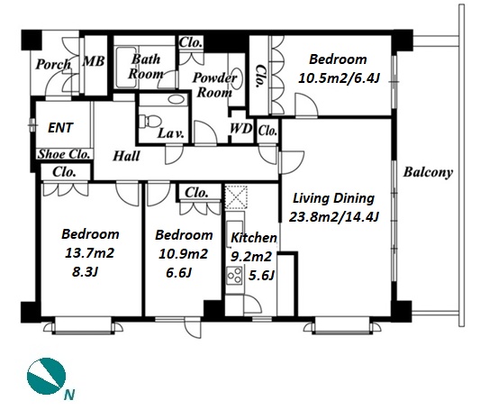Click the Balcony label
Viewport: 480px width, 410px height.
click(x=428, y=172)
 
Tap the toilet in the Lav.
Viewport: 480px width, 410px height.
click(x=149, y=122)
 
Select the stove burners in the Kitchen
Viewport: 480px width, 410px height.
click(x=234, y=275)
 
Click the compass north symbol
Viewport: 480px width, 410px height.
click(x=46, y=376)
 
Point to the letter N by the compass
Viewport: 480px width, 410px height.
click(x=69, y=395)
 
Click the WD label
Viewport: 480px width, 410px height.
click(x=241, y=129)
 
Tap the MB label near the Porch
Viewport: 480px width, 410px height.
click(x=94, y=61)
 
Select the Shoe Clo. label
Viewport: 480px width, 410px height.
click(x=64, y=154)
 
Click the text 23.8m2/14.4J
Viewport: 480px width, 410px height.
click(x=334, y=217)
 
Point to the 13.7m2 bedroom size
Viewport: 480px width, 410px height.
click(x=89, y=253)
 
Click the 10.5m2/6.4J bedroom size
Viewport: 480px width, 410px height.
click(x=339, y=78)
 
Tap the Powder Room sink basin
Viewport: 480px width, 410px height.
click(x=236, y=77)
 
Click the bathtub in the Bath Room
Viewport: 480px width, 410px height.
click(x=127, y=68)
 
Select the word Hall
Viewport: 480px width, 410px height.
click(x=126, y=156)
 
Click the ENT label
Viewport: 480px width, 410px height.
click(x=60, y=128)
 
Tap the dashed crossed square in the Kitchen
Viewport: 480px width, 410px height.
click(x=236, y=196)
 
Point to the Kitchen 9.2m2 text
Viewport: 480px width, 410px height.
click(x=251, y=257)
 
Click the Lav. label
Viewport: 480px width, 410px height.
click(x=171, y=133)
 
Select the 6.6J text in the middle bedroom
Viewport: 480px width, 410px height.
click(x=179, y=272)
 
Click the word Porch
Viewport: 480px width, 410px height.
click(x=53, y=65)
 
